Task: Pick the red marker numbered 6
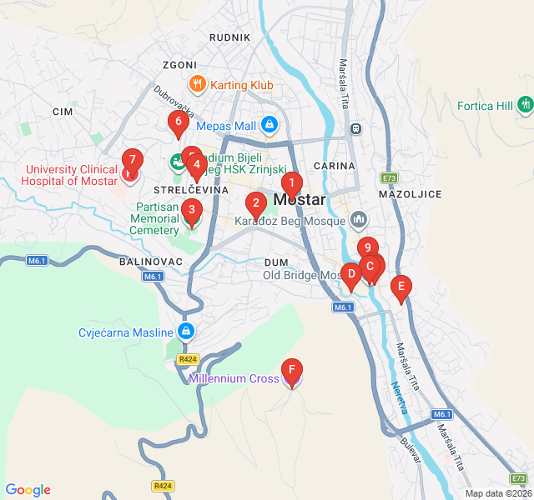[x=177, y=122]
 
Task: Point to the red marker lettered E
[x=401, y=287]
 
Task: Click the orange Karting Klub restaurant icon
[x=197, y=83]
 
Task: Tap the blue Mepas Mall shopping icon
[x=269, y=126]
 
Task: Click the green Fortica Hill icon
[x=525, y=105]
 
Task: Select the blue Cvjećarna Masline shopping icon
[x=185, y=332]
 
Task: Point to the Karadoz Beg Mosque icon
[x=359, y=220]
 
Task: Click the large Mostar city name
[x=300, y=200]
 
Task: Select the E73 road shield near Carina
[x=389, y=177]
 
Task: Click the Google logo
[x=28, y=490]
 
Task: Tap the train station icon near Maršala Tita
[x=356, y=128]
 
